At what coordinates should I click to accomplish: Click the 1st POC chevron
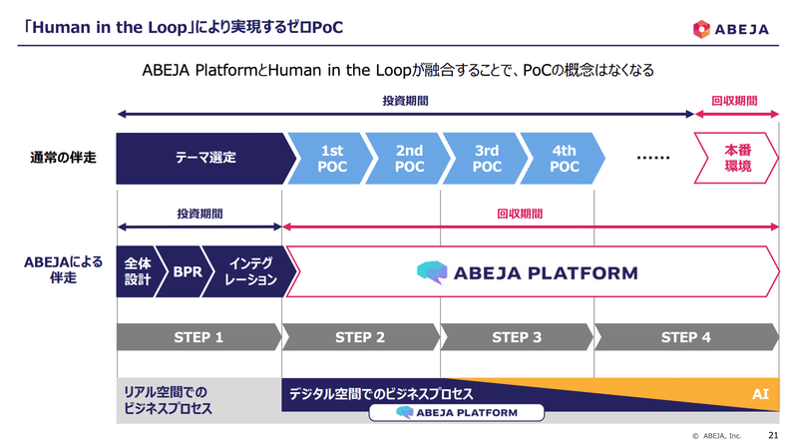click(x=331, y=159)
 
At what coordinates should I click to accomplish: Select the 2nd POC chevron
click(x=408, y=159)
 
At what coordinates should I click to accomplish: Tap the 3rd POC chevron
click(x=486, y=159)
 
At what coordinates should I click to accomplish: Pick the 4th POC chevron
click(x=563, y=159)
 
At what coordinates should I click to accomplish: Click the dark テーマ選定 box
click(x=205, y=159)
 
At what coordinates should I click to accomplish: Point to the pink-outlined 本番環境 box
click(x=736, y=158)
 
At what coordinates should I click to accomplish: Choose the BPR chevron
click(x=187, y=271)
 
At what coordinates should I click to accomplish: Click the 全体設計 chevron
click(x=139, y=271)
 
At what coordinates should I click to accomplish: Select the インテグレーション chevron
click(x=249, y=271)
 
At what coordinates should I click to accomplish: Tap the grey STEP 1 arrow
click(x=199, y=337)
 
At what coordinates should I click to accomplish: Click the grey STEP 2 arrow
click(x=360, y=337)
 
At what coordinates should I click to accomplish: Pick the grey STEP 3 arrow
click(x=517, y=337)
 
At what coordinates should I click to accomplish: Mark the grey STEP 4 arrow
click(x=686, y=337)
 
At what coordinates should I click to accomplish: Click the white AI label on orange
click(x=760, y=394)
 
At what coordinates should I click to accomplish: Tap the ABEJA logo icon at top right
click(x=701, y=29)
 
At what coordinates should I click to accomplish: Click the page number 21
click(x=773, y=435)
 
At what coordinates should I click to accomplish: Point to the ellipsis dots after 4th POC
click(x=653, y=158)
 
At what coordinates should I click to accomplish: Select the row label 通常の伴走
click(x=63, y=158)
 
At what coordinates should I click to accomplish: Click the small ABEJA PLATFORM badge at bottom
click(x=457, y=412)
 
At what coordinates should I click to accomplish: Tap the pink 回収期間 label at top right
click(x=734, y=101)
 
